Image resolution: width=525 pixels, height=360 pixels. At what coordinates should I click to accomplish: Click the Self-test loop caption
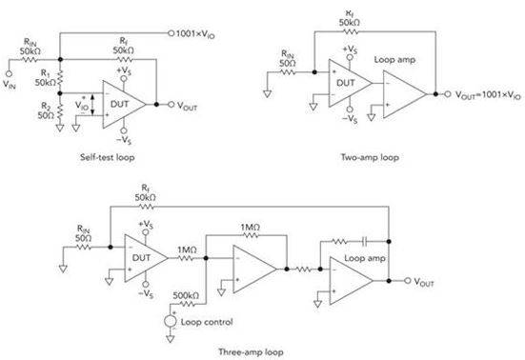107,157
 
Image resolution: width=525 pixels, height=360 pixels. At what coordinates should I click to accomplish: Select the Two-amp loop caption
370,157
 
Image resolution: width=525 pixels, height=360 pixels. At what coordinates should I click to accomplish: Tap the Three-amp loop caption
251,352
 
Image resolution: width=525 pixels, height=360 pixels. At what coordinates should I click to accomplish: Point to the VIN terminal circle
9,73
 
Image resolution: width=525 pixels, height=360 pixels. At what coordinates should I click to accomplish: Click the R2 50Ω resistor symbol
60,111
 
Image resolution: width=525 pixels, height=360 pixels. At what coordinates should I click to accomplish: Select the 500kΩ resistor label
186,296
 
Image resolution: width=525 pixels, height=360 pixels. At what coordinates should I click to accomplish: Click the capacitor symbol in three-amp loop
365,241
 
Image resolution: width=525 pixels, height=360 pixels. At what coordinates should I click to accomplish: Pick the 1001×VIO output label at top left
195,33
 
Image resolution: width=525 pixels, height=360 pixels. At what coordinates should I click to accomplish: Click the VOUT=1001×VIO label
488,94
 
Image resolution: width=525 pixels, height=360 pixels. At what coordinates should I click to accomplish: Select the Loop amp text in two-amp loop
394,60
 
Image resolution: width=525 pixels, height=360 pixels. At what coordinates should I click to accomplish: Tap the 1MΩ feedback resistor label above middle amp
250,228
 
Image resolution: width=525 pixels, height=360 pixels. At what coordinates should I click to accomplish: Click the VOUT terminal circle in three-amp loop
407,281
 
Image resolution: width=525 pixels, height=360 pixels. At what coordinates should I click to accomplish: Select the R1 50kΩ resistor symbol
60,78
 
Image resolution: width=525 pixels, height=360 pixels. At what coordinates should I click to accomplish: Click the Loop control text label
207,322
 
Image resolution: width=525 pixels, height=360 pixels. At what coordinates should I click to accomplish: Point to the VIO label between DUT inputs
81,105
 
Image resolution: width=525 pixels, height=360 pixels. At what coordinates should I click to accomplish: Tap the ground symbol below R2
60,128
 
